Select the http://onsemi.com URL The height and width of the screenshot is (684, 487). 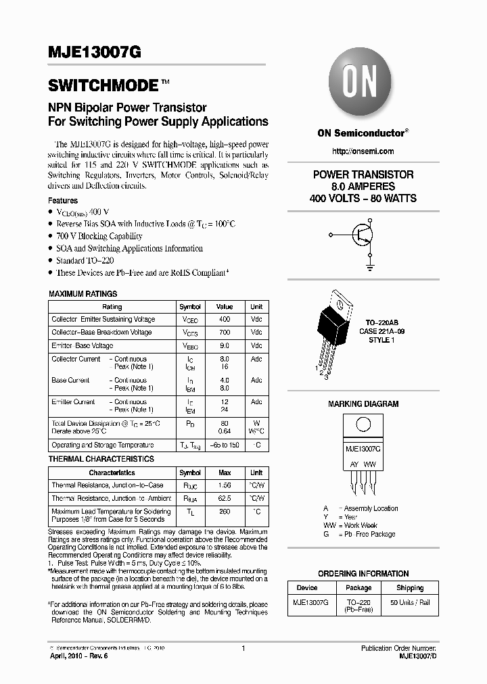[x=363, y=151]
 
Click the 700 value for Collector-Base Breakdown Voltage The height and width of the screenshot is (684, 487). [x=225, y=333]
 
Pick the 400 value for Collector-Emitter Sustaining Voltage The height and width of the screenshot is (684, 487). [x=225, y=319]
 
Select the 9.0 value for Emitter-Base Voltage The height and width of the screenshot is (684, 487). [x=225, y=346]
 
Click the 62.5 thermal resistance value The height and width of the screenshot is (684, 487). [x=225, y=499]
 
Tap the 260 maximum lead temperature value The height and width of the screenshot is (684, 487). [x=225, y=512]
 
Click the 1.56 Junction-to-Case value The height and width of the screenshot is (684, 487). [x=225, y=485]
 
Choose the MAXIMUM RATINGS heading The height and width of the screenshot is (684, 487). [x=83, y=294]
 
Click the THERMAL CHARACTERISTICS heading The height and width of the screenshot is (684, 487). [x=101, y=459]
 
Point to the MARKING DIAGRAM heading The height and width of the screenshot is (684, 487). [x=363, y=404]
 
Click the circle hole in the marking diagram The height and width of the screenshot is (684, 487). [x=363, y=425]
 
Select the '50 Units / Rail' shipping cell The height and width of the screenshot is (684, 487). [x=410, y=602]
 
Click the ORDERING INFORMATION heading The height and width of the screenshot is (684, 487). [x=363, y=574]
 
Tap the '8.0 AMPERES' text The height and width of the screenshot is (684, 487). [x=363, y=187]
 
